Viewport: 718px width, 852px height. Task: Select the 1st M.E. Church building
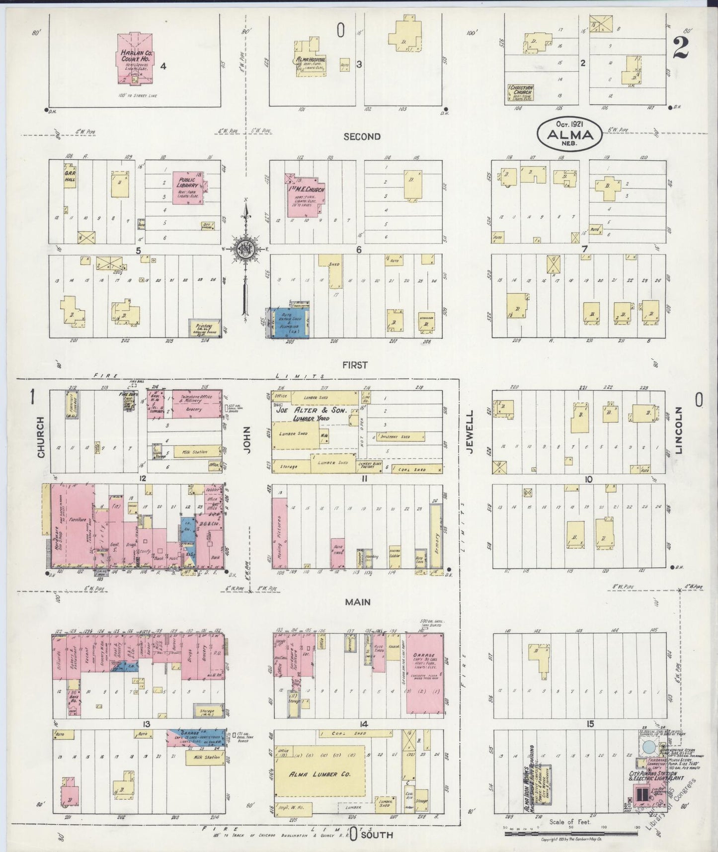point(304,196)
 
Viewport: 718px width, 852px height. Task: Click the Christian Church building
point(520,93)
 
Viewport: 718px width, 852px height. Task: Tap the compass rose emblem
point(245,250)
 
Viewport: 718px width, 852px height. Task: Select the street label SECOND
point(362,137)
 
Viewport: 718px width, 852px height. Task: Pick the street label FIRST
point(355,365)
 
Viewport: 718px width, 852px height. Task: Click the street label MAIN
point(358,602)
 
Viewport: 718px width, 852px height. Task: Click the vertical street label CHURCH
point(40,437)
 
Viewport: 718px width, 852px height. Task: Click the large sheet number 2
point(681,48)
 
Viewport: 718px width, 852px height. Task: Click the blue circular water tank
point(648,747)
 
